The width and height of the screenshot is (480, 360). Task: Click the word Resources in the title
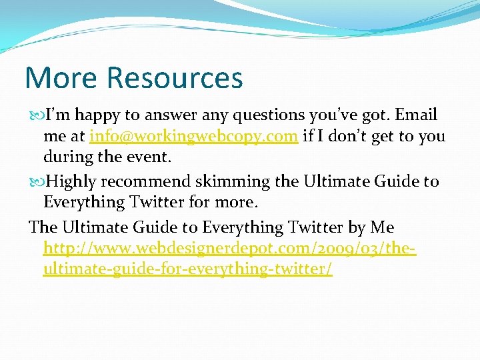click(175, 77)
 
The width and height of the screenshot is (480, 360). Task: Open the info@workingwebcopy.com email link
click(193, 137)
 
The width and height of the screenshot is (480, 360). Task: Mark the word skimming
click(239, 181)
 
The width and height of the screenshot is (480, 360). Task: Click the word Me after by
click(382, 227)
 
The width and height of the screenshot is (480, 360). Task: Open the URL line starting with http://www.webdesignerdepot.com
click(230, 249)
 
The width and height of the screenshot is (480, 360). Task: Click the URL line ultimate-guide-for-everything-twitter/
click(187, 270)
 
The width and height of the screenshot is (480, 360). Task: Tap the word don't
click(353, 137)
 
